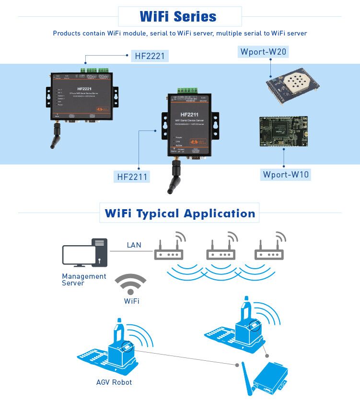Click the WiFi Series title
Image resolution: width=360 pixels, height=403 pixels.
(178, 17)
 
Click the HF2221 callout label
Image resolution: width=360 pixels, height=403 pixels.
(150, 56)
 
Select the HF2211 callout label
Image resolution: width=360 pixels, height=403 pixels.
(132, 177)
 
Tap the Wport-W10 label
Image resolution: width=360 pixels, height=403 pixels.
(286, 174)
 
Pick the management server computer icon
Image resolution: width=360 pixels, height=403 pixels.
(84, 252)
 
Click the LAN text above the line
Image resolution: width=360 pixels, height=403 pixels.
(134, 245)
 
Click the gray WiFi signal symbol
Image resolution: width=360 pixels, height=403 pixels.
(130, 285)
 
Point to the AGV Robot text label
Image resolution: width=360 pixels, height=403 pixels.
(114, 382)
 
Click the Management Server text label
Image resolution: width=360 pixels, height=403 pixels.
(84, 280)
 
